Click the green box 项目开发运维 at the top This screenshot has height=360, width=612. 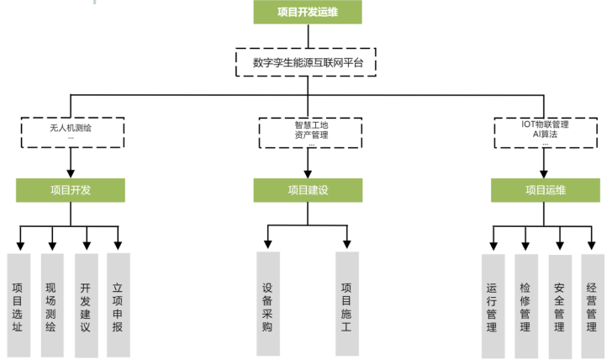308,13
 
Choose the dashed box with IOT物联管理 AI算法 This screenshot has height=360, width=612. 545,132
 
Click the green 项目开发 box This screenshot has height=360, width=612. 71,190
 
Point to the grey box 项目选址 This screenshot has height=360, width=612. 18,303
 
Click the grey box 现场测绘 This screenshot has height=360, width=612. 51,303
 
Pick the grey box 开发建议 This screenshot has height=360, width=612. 85,303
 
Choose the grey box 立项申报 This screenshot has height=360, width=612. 118,303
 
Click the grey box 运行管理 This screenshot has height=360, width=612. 493,304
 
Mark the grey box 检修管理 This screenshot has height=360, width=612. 525,304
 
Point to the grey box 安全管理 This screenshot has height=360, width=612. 559,304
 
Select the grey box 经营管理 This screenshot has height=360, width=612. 592,304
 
